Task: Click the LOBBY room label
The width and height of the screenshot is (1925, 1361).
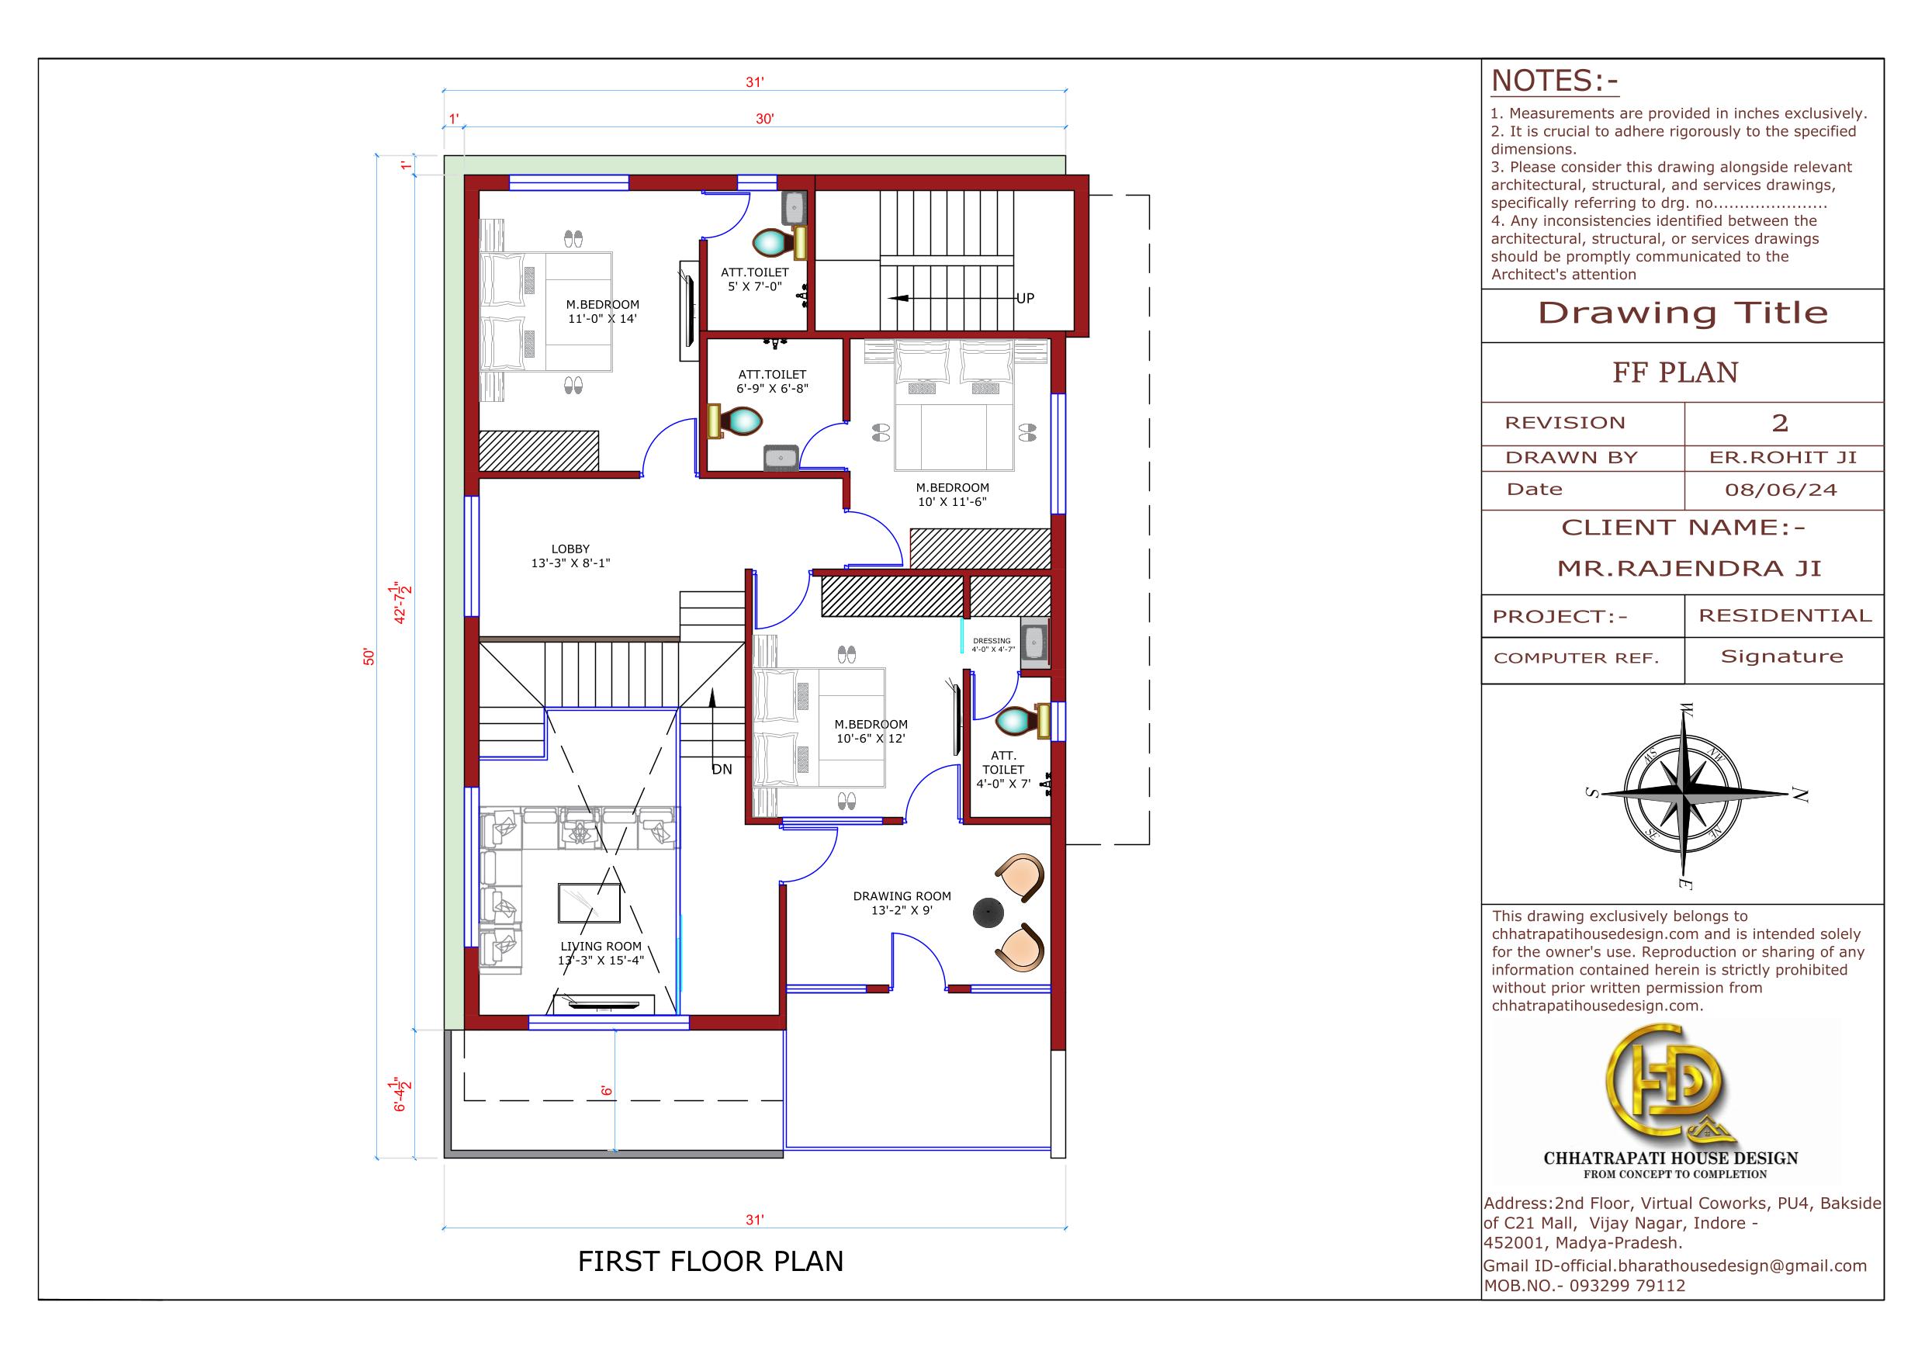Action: pyautogui.click(x=570, y=549)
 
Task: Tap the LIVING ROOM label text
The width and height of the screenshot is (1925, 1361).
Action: pyautogui.click(x=601, y=946)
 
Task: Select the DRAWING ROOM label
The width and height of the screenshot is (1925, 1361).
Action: pyautogui.click(x=902, y=895)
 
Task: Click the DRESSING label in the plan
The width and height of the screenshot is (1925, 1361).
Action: pyautogui.click(x=992, y=641)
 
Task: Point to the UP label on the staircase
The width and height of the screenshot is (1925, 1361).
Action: pyautogui.click(x=1026, y=298)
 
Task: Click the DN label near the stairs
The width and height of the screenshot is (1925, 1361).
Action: pyautogui.click(x=722, y=769)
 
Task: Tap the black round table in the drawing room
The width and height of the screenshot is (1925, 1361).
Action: pyautogui.click(x=988, y=913)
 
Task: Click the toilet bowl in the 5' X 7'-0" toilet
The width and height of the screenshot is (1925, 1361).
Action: pyautogui.click(x=773, y=243)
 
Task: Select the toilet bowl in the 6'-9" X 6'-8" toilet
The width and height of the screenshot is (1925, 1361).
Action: pyautogui.click(x=741, y=421)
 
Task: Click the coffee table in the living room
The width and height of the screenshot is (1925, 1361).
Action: pyautogui.click(x=590, y=902)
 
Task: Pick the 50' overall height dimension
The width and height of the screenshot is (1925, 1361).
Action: pyautogui.click(x=369, y=656)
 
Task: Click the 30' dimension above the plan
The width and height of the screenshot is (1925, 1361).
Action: pyautogui.click(x=764, y=119)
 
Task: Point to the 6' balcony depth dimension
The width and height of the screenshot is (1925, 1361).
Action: pyautogui.click(x=606, y=1091)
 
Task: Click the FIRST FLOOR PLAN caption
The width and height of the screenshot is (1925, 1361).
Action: pyautogui.click(x=710, y=1261)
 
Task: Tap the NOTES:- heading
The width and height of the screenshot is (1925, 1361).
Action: pyautogui.click(x=1554, y=81)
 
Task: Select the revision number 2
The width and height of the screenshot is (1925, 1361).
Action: pyautogui.click(x=1780, y=423)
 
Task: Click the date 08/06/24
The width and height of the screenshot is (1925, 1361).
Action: pyautogui.click(x=1781, y=490)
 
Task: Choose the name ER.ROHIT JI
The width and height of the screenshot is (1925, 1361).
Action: pyautogui.click(x=1783, y=457)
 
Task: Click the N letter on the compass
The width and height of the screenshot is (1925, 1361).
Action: pyautogui.click(x=1799, y=795)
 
